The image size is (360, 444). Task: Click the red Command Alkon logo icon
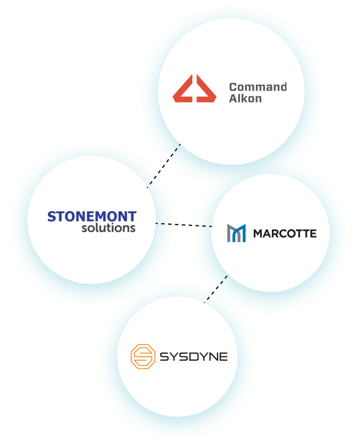(x=194, y=89)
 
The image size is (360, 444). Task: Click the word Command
(x=258, y=86)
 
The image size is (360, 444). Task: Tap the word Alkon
(x=245, y=98)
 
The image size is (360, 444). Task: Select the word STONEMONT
(x=92, y=216)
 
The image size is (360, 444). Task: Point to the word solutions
(x=109, y=228)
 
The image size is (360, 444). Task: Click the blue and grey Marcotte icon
(x=236, y=233)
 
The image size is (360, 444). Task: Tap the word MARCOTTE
(x=285, y=233)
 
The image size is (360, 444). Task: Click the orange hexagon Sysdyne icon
(x=142, y=356)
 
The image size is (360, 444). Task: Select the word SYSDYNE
(x=193, y=356)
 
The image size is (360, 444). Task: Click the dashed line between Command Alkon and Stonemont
(x=164, y=166)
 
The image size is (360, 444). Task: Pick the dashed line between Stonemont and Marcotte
(x=184, y=225)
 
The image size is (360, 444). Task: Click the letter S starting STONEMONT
(x=52, y=216)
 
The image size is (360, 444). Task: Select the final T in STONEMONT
(x=132, y=216)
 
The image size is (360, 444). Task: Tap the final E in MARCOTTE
(x=313, y=233)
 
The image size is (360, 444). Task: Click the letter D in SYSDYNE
(x=192, y=356)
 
